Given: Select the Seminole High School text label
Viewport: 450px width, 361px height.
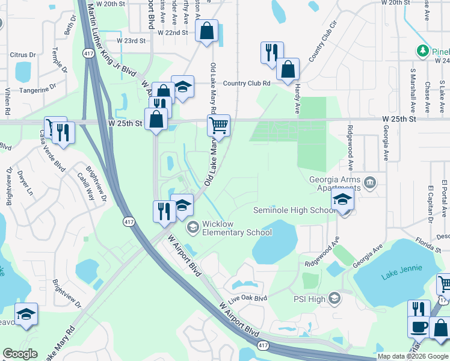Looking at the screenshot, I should pos(294,210).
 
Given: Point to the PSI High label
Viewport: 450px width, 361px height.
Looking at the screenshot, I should pos(309,298).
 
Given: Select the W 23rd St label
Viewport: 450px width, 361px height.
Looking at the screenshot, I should pos(131,41).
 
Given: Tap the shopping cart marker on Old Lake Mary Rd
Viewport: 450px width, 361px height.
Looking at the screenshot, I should pos(218,126).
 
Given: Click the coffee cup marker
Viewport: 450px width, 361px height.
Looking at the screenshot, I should pos(418,327).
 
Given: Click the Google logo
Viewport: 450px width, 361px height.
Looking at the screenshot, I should pos(20,354).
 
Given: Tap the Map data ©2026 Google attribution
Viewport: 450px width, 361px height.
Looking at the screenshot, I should pos(412,356).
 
